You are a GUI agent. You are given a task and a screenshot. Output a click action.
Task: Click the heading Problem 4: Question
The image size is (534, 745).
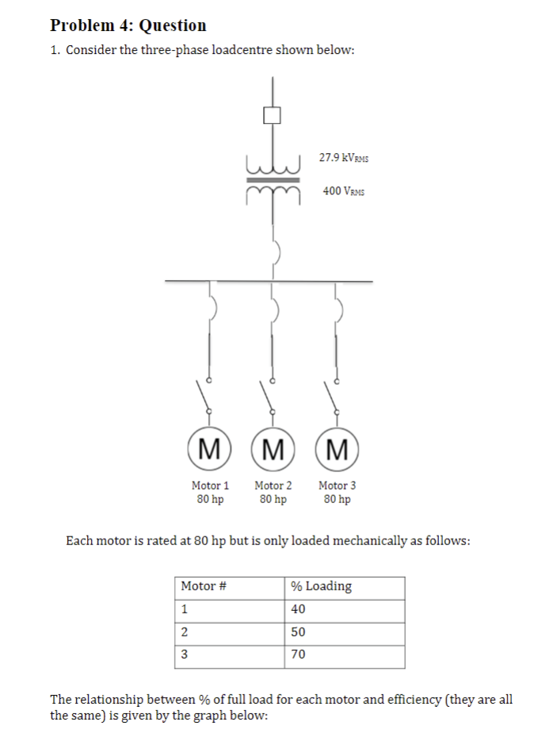tap(128, 25)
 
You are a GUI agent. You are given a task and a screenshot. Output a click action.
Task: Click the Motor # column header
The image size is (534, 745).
tap(204, 586)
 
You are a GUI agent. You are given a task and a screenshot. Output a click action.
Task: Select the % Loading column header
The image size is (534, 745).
tap(321, 586)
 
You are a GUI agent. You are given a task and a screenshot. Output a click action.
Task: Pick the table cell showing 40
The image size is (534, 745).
tap(298, 609)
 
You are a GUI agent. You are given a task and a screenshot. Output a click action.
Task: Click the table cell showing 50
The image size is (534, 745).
tap(298, 632)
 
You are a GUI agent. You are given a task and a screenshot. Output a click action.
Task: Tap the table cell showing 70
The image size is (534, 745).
tap(298, 655)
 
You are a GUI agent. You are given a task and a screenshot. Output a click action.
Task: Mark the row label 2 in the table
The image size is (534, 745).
tap(185, 632)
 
